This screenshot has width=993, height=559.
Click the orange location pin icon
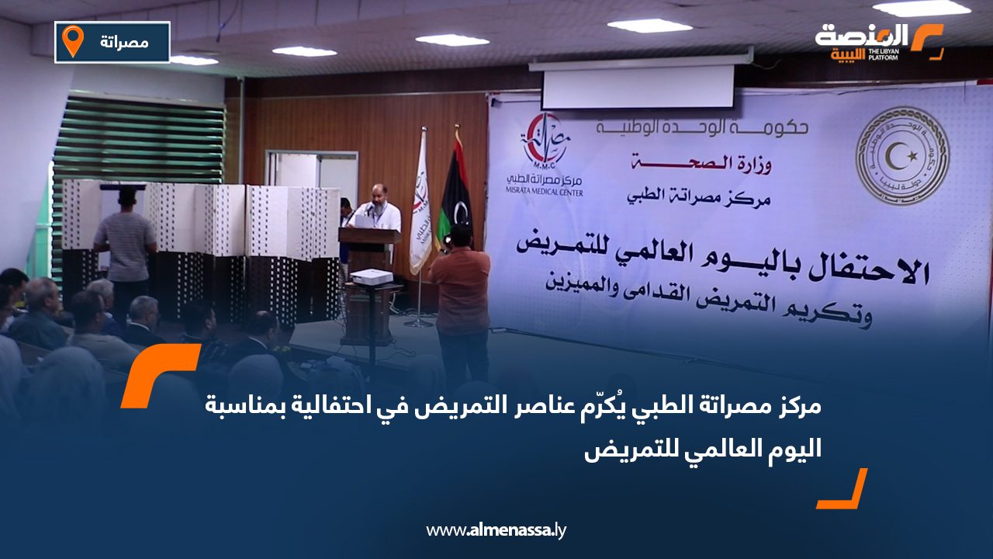point(73,40)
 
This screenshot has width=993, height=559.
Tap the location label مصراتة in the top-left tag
point(124,41)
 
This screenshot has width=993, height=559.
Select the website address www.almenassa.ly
point(496,531)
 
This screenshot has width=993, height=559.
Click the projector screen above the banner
point(638,86)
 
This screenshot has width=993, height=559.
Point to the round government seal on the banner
point(901,156)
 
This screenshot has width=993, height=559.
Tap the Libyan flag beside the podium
point(456,190)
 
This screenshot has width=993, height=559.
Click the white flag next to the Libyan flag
point(420,206)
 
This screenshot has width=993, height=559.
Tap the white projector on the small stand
point(371,276)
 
